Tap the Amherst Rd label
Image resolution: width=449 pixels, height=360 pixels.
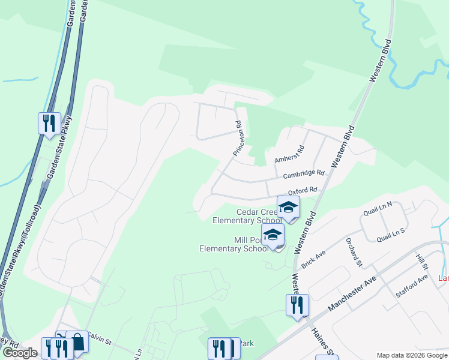point(290,154)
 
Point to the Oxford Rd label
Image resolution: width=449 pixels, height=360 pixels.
point(302,191)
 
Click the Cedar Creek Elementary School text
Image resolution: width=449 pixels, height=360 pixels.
point(247,216)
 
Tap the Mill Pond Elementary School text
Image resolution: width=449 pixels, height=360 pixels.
point(234,244)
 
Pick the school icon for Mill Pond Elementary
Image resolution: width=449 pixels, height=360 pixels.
point(273,235)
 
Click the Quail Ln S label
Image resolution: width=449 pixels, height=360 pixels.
point(391,235)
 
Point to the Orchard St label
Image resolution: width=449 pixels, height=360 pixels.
point(354,252)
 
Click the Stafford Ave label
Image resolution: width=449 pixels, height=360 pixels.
point(412,286)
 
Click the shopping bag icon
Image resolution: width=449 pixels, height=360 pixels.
point(77,343)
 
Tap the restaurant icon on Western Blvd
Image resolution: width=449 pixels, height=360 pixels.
point(297,305)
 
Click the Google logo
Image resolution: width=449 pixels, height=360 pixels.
point(20,353)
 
